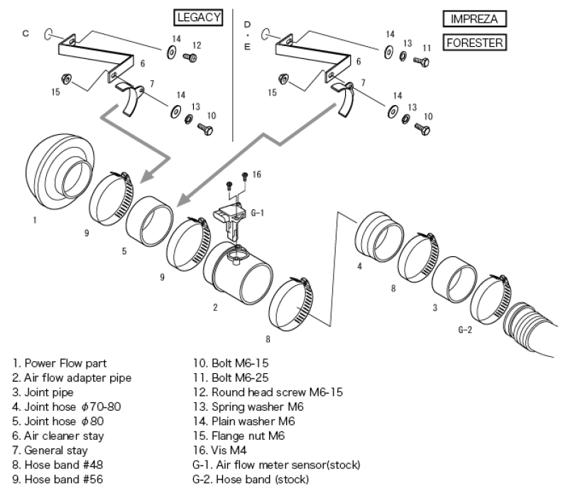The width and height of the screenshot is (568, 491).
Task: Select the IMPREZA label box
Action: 474,18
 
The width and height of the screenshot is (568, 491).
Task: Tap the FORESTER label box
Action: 474,43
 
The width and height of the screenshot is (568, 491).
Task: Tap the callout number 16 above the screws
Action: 256,174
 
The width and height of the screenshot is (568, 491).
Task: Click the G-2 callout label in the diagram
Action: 466,329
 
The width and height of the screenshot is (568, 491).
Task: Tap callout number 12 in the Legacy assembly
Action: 197,45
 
